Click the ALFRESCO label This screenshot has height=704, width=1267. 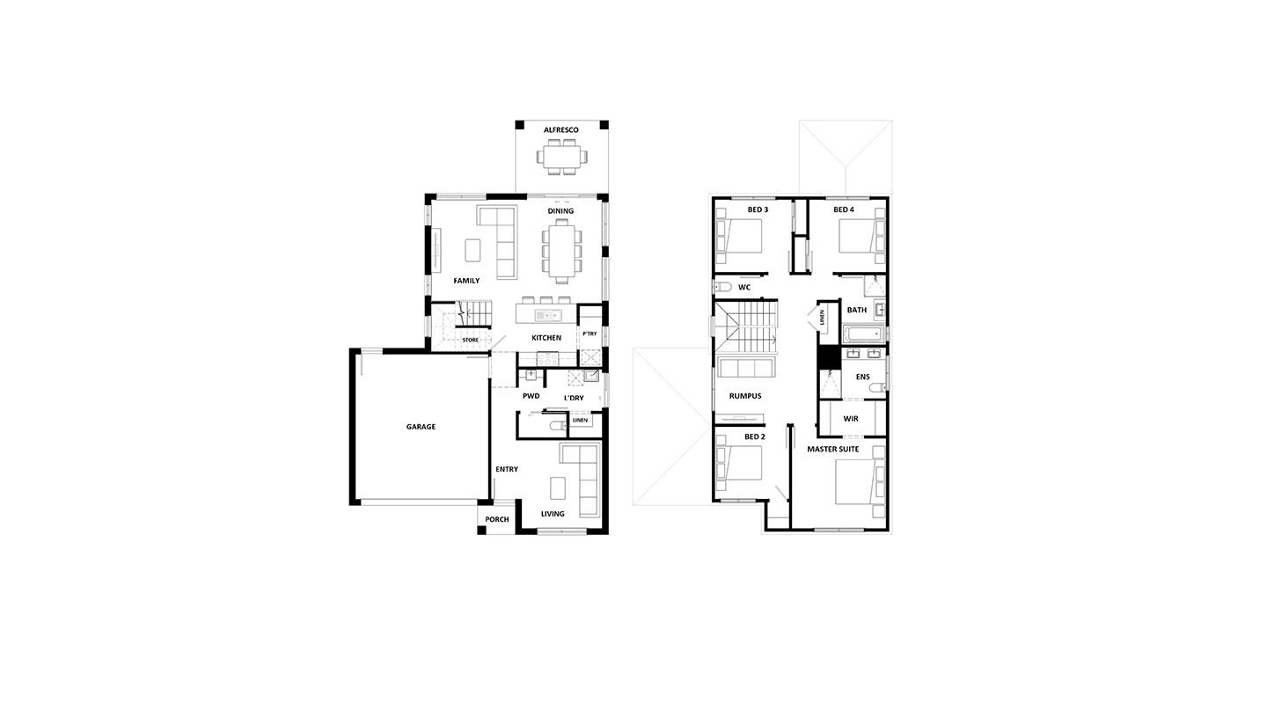(561, 130)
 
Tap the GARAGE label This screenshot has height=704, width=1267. (421, 427)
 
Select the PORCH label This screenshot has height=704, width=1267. (496, 519)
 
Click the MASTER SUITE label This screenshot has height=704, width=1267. (832, 450)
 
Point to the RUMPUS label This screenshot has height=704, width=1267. (745, 396)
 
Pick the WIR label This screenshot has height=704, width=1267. (851, 419)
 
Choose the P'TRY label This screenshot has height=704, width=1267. (590, 334)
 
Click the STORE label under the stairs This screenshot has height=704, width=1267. (470, 340)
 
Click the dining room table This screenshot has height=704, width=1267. (561, 251)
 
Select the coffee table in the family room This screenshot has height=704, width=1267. (472, 250)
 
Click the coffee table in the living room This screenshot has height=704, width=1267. (558, 488)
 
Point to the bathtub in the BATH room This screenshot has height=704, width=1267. (863, 334)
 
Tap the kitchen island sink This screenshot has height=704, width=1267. (548, 315)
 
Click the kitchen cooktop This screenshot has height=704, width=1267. (547, 358)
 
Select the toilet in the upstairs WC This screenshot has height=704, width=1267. (723, 286)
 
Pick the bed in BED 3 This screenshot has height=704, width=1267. (739, 236)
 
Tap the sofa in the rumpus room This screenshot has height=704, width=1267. (746, 367)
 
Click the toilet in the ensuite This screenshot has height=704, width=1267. (877, 388)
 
